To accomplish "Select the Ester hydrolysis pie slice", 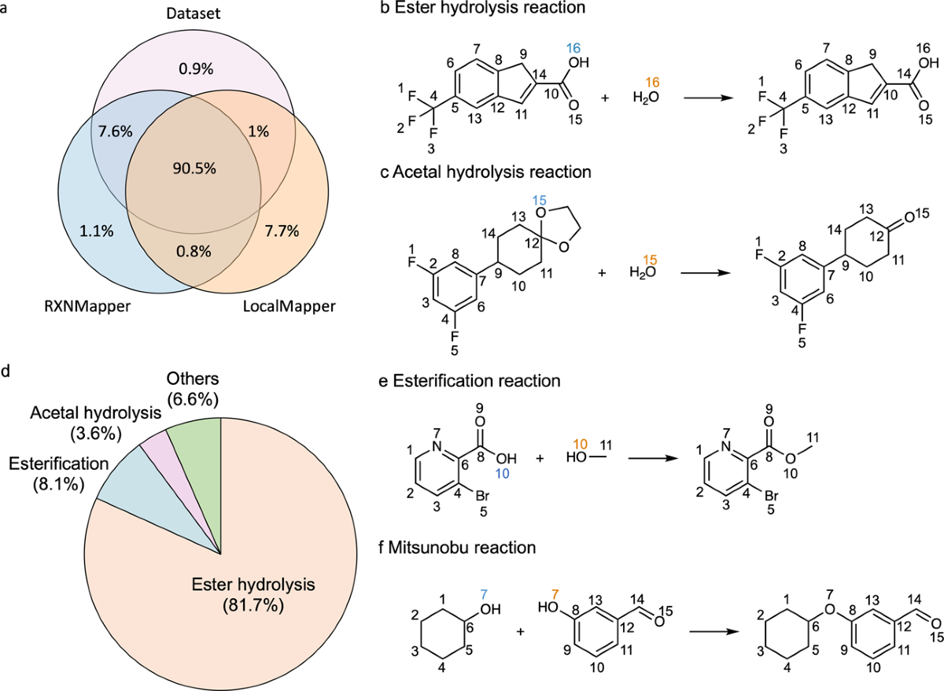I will coord(205,606).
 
